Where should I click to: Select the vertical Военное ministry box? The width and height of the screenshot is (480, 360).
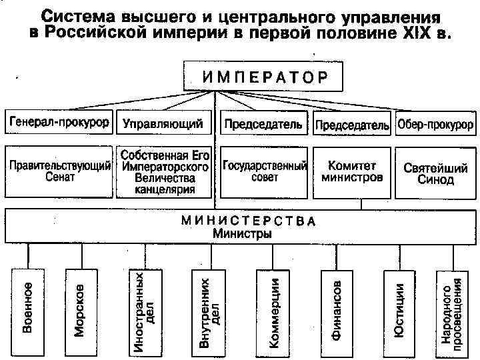28,311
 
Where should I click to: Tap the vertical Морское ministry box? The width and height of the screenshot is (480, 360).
79,311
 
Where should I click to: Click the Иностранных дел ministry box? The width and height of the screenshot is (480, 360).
143,311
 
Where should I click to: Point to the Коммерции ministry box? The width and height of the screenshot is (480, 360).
273,311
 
